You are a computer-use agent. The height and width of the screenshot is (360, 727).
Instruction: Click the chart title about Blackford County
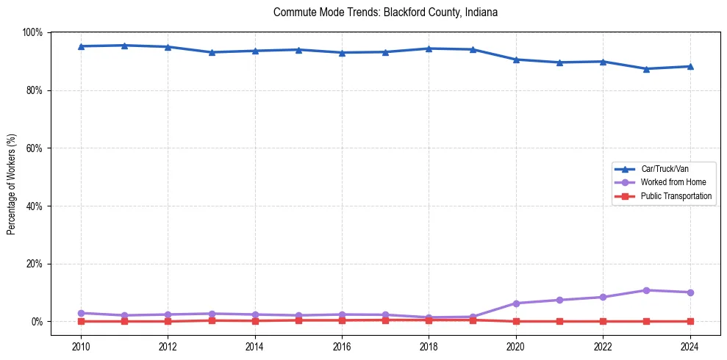[385, 12]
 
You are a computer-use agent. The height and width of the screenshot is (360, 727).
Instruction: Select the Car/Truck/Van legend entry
[665, 169]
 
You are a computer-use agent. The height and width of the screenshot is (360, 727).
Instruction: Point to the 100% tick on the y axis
[32, 32]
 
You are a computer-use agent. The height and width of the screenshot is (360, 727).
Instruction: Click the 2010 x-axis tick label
[81, 345]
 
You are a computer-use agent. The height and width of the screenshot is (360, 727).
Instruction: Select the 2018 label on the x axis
[429, 345]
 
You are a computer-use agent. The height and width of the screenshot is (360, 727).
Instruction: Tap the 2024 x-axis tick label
[690, 345]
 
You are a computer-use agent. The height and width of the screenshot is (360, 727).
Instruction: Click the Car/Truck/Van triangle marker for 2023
[646, 69]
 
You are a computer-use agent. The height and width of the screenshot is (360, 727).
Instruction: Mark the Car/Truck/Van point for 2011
[124, 46]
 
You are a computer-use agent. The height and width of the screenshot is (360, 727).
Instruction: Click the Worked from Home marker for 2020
[516, 303]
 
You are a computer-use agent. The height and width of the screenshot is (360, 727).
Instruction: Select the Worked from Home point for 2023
[646, 290]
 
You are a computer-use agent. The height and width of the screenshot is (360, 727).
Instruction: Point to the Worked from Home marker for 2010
[81, 313]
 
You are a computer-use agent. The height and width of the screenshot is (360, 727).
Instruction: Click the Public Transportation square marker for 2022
[603, 321]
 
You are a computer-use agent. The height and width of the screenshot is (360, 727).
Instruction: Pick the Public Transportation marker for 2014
[255, 320]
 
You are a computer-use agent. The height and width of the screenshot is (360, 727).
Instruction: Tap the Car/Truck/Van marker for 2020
[516, 60]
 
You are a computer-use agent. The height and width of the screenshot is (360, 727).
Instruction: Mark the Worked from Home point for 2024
[690, 292]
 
